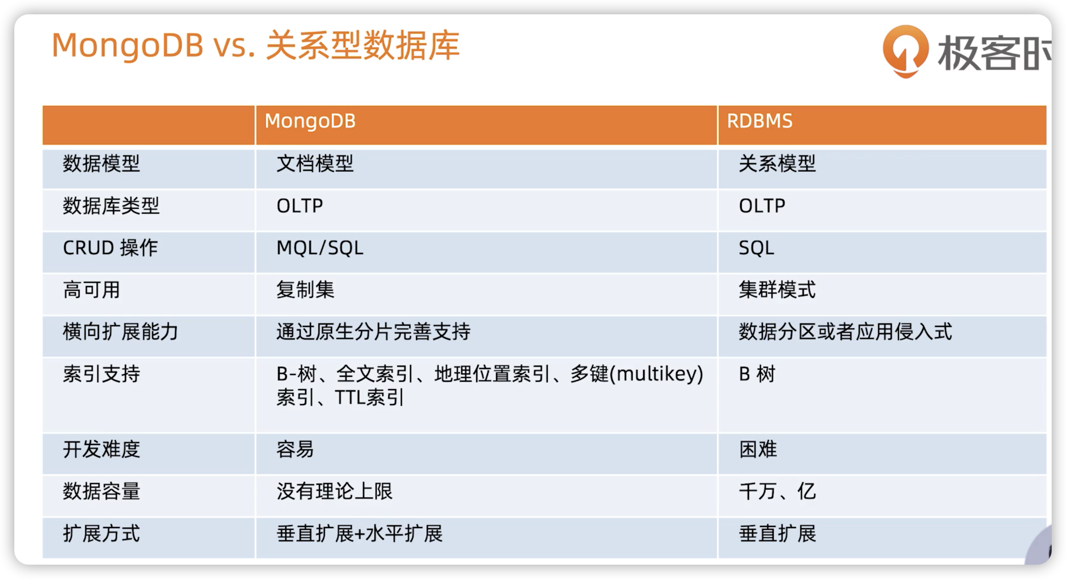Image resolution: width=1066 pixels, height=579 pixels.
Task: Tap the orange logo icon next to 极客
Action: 905,51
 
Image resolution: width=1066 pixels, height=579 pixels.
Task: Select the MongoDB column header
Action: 310,121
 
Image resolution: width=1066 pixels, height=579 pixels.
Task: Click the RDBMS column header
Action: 759,121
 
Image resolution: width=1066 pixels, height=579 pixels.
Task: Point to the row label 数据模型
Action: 101,163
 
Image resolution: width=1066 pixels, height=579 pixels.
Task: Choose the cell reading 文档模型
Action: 315,163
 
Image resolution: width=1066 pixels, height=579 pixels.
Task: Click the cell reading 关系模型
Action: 777,163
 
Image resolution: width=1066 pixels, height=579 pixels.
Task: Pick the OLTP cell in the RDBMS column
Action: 762,206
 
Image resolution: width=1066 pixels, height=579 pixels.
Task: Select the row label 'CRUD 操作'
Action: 110,248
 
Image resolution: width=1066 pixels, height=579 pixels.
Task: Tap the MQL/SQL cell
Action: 320,248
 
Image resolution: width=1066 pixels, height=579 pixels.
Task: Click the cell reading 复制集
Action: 305,290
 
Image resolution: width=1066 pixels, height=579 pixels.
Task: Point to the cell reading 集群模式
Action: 777,290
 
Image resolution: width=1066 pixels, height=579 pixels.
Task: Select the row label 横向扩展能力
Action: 121,332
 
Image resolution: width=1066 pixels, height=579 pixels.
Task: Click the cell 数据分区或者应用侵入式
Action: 845,332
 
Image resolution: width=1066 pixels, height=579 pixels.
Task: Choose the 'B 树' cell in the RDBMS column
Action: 757,374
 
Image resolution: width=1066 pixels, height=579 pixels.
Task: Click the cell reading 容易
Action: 295,449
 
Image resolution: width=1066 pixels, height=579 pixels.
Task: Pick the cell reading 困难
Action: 758,449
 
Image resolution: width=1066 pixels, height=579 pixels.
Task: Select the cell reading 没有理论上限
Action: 335,492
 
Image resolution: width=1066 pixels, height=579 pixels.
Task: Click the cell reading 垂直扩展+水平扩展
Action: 360,534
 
